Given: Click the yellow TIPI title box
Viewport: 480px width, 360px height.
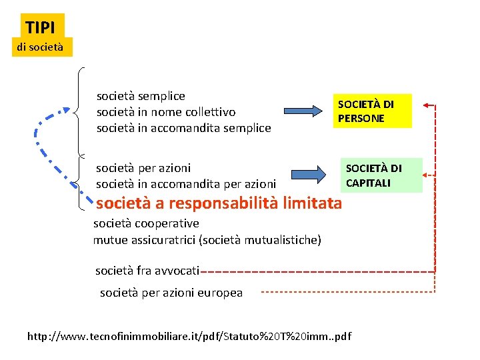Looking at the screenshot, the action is coord(43,27).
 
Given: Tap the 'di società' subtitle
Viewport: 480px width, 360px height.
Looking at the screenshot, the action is coord(40,47).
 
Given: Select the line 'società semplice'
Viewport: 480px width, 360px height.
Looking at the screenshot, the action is coord(141,96).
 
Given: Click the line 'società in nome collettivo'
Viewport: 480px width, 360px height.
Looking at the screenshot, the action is coord(166,112).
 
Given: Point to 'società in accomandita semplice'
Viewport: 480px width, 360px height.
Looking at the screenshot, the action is coord(184,128).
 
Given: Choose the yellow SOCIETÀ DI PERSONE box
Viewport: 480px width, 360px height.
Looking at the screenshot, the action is coord(373,111).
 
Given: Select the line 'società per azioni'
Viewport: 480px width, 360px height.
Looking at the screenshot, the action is coord(143,167).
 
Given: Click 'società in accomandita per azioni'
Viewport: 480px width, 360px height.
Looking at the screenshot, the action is coord(186,183).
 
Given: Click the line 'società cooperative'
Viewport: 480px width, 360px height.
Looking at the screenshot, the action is coord(146,223).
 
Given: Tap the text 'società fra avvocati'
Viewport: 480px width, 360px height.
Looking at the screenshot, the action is coord(147,270).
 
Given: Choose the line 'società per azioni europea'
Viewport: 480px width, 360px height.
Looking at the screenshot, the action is coord(171,293).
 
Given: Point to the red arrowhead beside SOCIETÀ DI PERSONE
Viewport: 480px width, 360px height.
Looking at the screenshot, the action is coord(428,105).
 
